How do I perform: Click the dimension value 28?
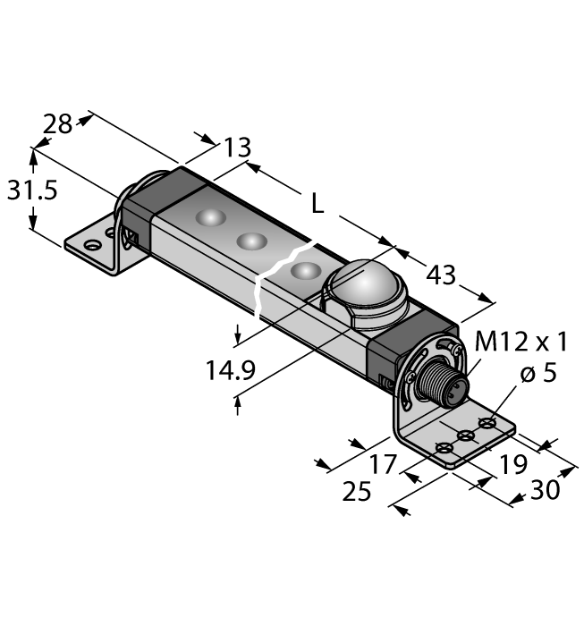click(x=58, y=124)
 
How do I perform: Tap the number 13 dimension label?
click(x=236, y=147)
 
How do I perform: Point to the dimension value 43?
click(x=440, y=275)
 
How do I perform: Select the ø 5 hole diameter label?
click(x=537, y=373)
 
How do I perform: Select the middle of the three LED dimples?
click(x=251, y=241)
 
